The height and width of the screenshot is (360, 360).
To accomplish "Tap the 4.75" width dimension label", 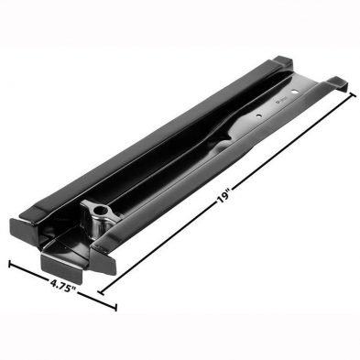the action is [x=63, y=286].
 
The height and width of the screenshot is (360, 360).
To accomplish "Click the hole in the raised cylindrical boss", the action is [x=100, y=210].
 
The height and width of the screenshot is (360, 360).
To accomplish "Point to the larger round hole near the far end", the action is [x=295, y=91].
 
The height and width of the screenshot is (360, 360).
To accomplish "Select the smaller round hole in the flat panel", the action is [x=258, y=115].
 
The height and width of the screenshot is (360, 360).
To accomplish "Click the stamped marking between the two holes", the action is [x=279, y=103].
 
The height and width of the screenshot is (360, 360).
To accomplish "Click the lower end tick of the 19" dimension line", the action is [x=102, y=292].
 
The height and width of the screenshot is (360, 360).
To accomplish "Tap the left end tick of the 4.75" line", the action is [x=10, y=264].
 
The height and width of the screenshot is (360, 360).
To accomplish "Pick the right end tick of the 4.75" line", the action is [x=115, y=307].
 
